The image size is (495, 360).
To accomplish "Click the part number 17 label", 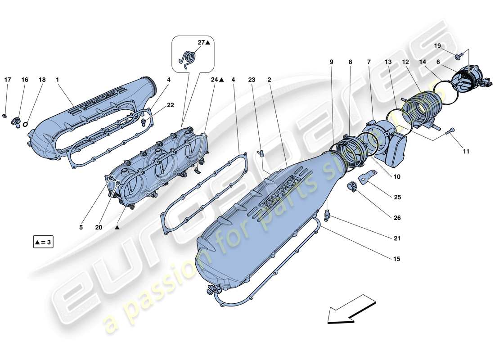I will click(8, 80).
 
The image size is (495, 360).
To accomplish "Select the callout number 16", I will click(25, 80).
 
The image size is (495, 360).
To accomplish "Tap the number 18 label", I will click(42, 80).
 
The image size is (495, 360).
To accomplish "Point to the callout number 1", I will click(58, 80).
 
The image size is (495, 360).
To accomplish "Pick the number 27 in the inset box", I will click(201, 42).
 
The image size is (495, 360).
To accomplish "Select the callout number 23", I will click(252, 80).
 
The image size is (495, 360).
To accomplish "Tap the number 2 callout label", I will click(269, 80).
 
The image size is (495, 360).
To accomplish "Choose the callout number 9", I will click(332, 61).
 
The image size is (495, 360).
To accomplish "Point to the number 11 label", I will click(466, 152).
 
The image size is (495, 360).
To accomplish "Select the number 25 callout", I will click(397, 197).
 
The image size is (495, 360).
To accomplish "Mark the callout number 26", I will click(397, 218).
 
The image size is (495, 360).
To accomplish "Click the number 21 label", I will click(397, 238).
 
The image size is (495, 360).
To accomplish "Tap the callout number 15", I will click(397, 259).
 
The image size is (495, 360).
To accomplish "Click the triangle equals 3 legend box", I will click(43, 243).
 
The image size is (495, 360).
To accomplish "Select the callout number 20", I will click(99, 228).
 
